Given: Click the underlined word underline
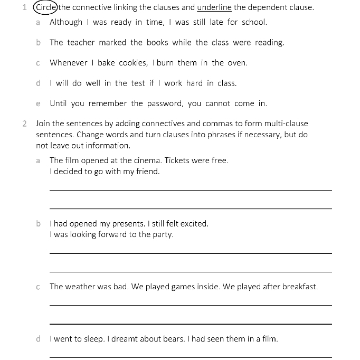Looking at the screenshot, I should pyautogui.click(x=214, y=7).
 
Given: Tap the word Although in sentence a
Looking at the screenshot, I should pyautogui.click(x=66, y=22).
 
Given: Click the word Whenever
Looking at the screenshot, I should pyautogui.click(x=69, y=63).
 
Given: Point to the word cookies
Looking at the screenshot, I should pyautogui.click(x=133, y=63).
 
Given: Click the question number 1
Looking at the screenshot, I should pyautogui.click(x=25, y=7).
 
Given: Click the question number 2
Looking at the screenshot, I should pyautogui.click(x=25, y=124).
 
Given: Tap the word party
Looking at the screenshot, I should pyautogui.click(x=162, y=235).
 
